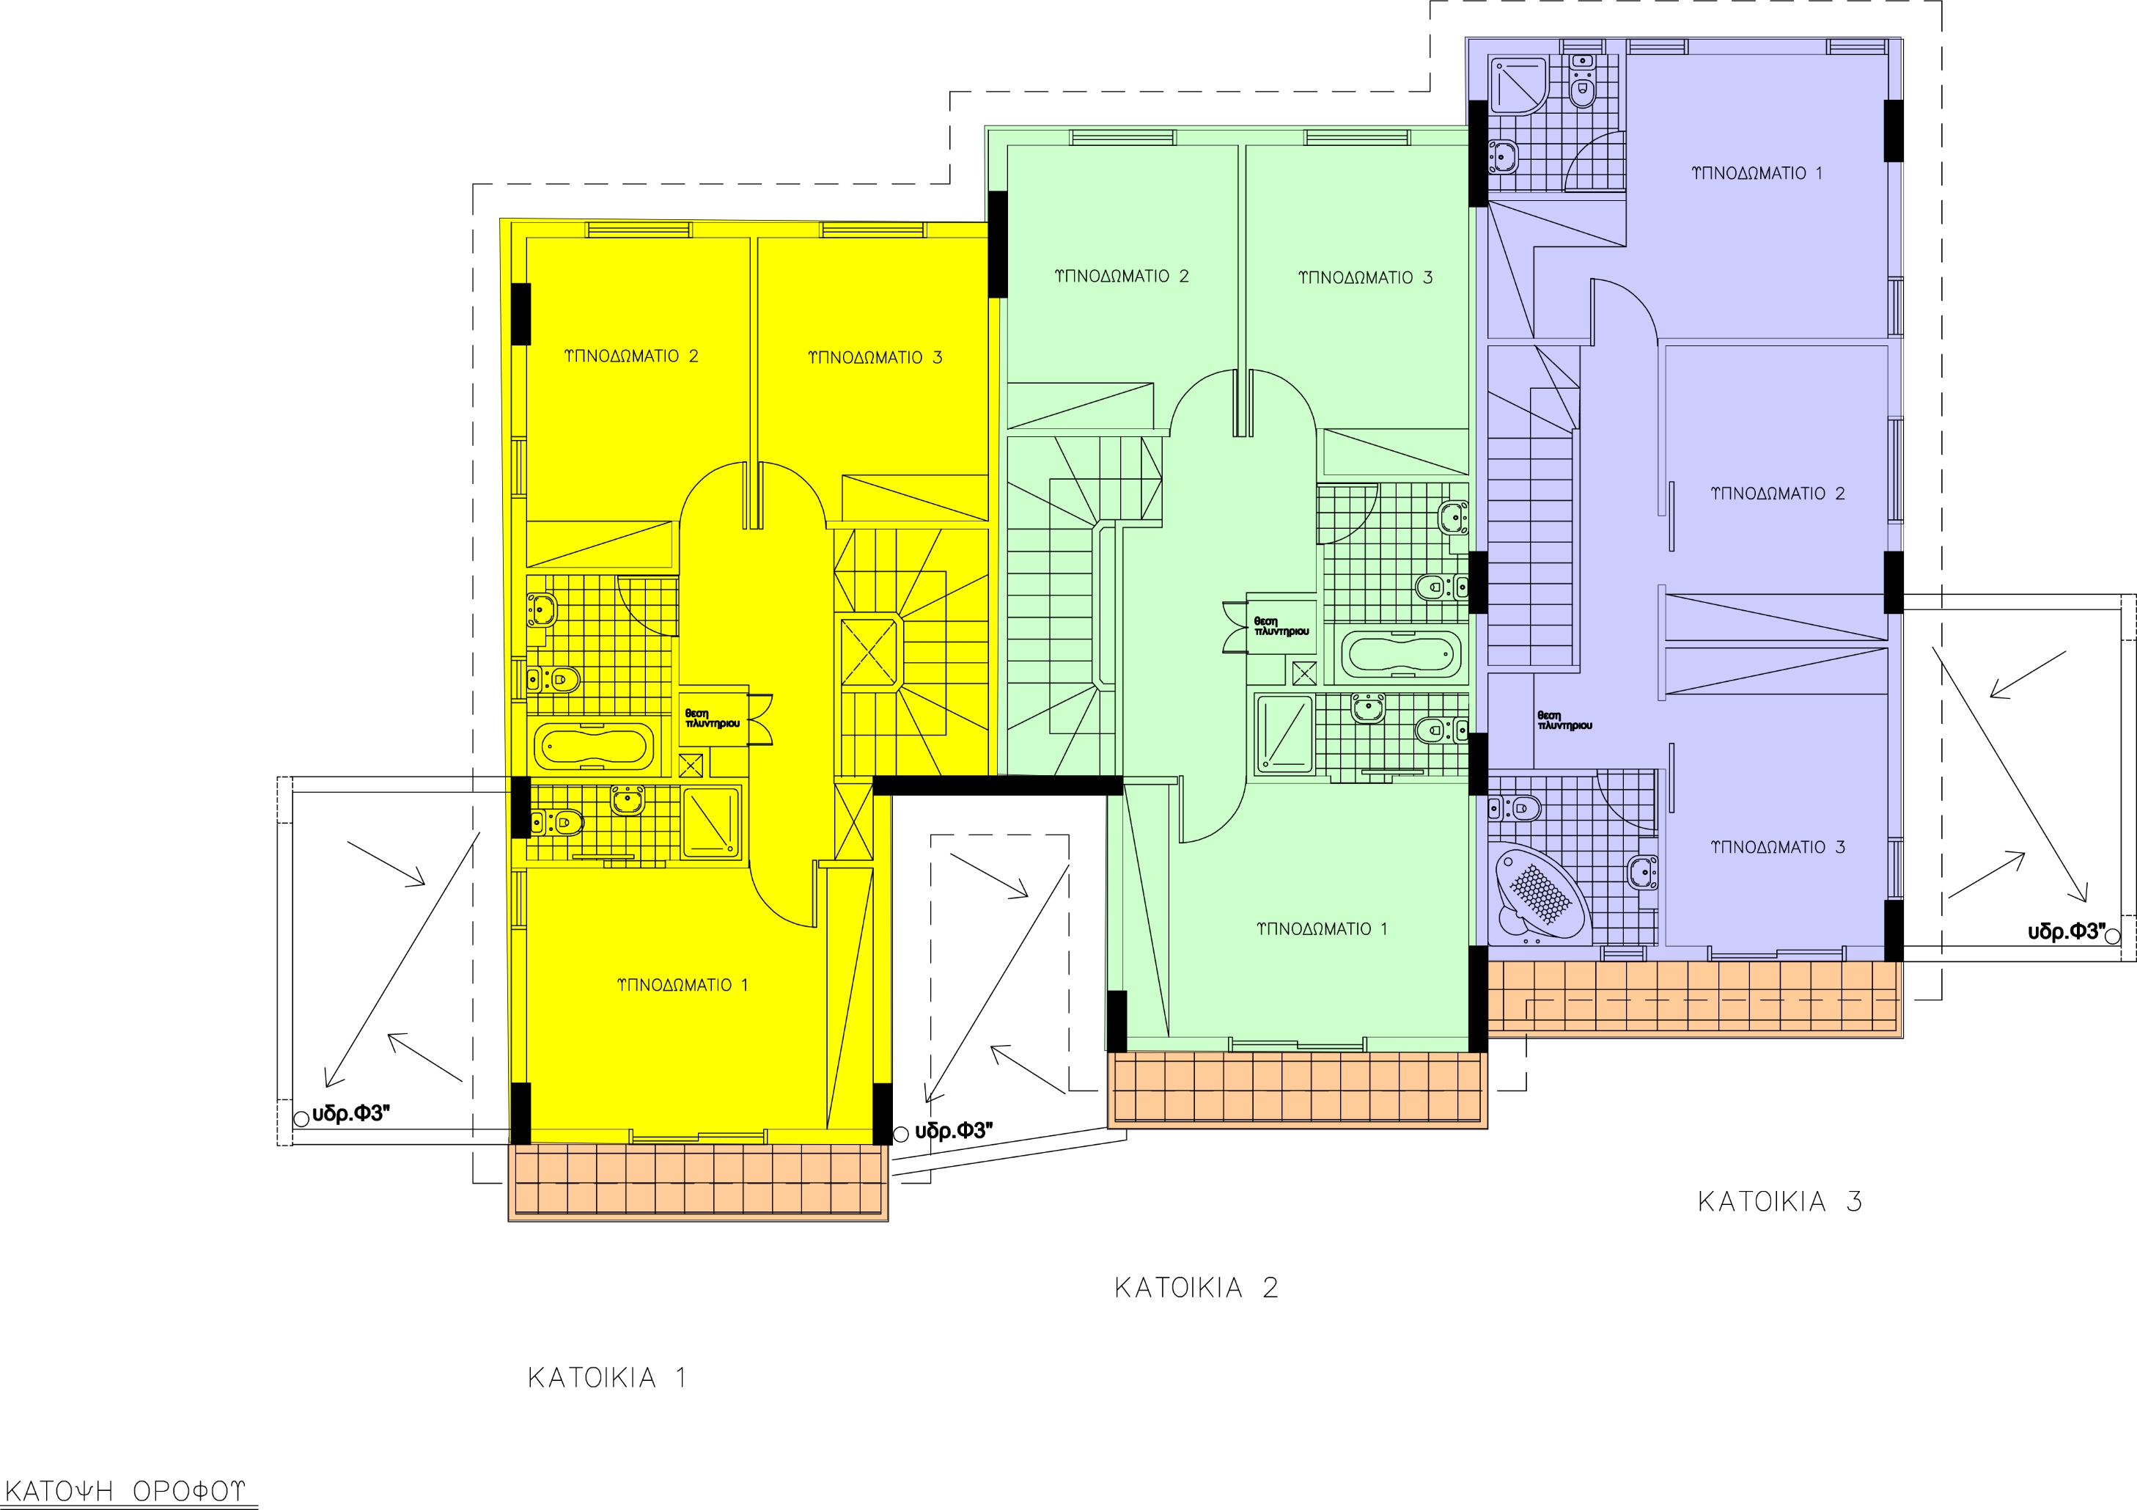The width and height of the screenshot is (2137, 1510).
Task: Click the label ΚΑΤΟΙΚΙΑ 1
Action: tap(607, 1378)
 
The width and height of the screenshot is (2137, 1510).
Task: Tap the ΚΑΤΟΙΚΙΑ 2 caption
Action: tap(1196, 1289)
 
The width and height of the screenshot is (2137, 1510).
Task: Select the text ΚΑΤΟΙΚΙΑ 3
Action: tap(1779, 1202)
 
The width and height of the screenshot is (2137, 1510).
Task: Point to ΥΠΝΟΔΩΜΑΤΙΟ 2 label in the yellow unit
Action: tap(631, 356)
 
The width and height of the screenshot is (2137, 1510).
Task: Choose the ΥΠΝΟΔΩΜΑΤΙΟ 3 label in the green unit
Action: tap(1366, 277)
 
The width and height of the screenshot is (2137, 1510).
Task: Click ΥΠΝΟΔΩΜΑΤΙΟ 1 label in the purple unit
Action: tap(1757, 173)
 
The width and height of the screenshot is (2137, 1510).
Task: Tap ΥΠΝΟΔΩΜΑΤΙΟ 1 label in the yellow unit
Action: tap(683, 985)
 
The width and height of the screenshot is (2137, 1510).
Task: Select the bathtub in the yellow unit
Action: tap(594, 747)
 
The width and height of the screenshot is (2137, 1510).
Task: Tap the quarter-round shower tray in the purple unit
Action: tap(1519, 87)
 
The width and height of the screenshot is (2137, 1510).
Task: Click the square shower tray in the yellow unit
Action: tap(712, 821)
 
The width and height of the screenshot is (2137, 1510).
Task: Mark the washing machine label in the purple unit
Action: tap(1564, 721)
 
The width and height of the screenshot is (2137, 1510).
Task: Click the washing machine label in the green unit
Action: tap(1281, 626)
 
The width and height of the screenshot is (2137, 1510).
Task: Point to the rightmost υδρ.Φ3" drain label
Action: tap(2067, 932)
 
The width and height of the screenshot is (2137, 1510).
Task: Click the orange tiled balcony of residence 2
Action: tap(1297, 1089)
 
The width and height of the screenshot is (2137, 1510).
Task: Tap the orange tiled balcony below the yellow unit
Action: tap(698, 1181)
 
